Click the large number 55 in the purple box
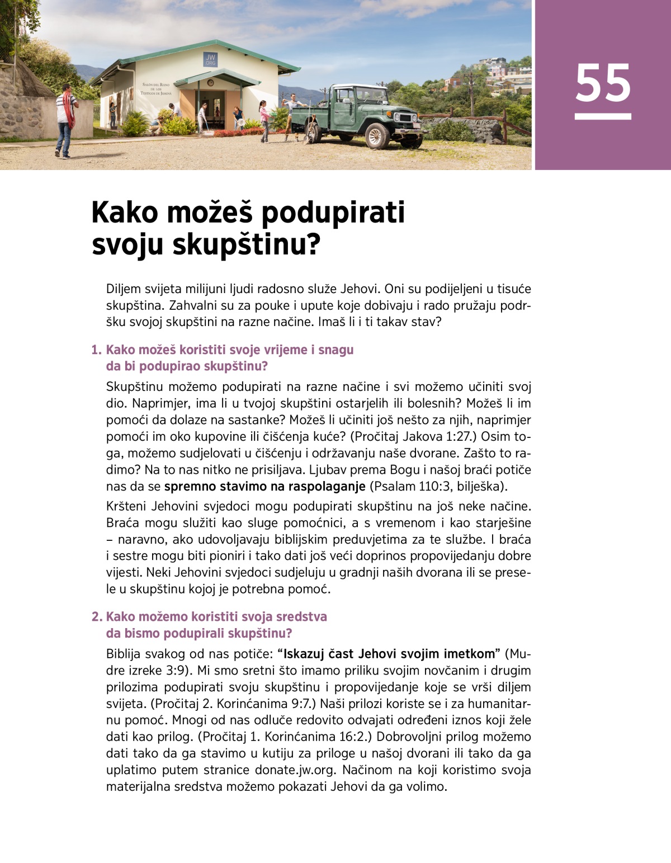[x=603, y=83]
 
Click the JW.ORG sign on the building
[x=210, y=59]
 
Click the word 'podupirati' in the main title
[x=333, y=213]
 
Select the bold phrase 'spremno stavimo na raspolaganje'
[x=264, y=486]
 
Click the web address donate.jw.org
[x=295, y=770]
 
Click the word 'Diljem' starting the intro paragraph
[x=124, y=290]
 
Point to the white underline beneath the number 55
[x=603, y=116]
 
